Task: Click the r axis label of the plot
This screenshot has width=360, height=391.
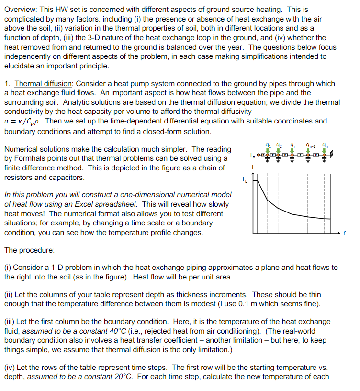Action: [x=344, y=233]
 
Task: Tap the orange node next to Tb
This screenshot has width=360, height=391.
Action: [x=259, y=156]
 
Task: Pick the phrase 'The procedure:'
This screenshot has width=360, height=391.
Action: [x=29, y=250]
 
